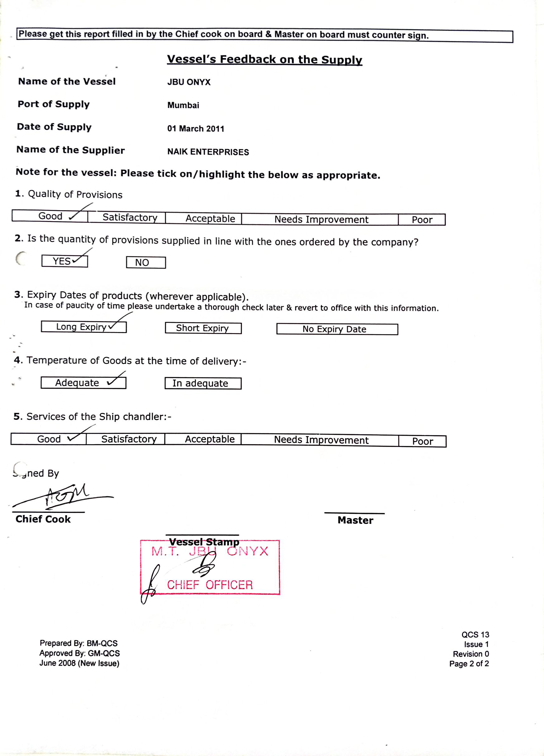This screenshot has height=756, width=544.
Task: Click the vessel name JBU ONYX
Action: click(189, 82)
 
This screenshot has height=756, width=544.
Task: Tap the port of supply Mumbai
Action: click(183, 105)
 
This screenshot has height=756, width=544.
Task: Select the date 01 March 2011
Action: click(196, 129)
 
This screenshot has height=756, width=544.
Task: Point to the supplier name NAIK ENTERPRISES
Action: click(208, 152)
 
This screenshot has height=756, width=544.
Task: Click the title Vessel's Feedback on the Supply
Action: click(264, 59)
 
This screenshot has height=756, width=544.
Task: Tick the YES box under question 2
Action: click(65, 261)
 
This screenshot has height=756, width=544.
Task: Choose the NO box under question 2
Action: click(146, 263)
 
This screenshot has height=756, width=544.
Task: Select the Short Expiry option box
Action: click(203, 328)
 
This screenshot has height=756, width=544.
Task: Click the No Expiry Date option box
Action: click(337, 329)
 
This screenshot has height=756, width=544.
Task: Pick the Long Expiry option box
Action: click(84, 327)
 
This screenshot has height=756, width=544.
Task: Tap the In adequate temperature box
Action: click(203, 383)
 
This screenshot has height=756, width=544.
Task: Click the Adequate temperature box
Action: click(83, 383)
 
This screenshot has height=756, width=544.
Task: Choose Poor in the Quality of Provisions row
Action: click(422, 220)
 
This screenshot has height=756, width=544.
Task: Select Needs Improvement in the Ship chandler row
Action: click(321, 440)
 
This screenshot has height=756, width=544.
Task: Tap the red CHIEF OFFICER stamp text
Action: click(210, 585)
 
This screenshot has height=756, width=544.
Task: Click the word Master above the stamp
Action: click(355, 521)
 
